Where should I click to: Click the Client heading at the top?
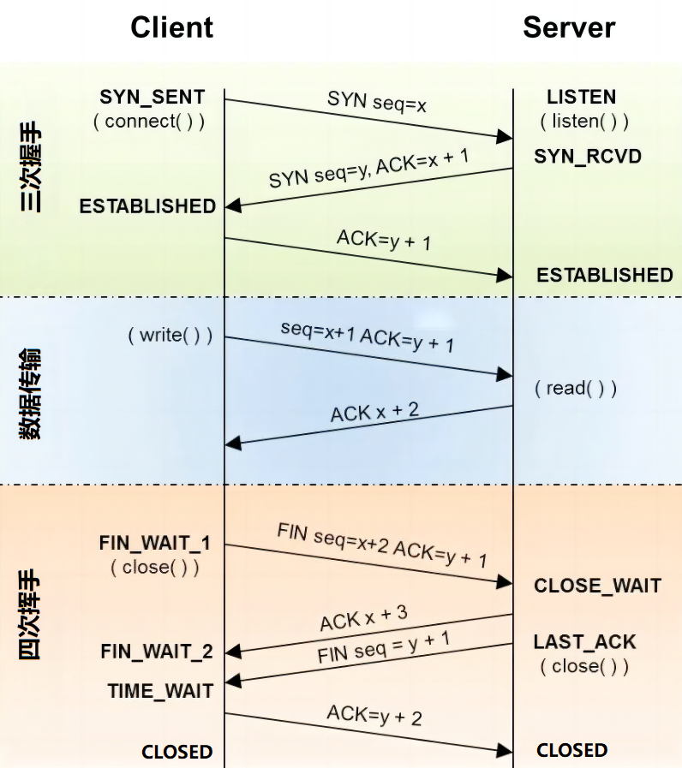pyautogui.click(x=171, y=28)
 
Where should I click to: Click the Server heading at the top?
pyautogui.click(x=569, y=28)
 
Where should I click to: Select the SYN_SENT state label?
pyautogui.click(x=153, y=96)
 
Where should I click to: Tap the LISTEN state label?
pyautogui.click(x=582, y=97)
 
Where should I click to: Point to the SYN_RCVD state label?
pyautogui.click(x=588, y=156)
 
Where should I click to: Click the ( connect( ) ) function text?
pyautogui.click(x=149, y=121)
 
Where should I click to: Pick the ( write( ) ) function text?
pyautogui.click(x=170, y=334)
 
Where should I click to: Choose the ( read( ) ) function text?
pyautogui.click(x=576, y=389)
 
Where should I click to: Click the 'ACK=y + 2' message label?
pyautogui.click(x=374, y=715)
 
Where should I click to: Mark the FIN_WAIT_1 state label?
pyautogui.click(x=155, y=543)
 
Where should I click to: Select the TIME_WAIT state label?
pyautogui.click(x=160, y=690)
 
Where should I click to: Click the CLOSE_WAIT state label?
pyautogui.click(x=597, y=586)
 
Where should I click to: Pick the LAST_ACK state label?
pyautogui.click(x=585, y=642)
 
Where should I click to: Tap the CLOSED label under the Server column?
pyautogui.click(x=572, y=750)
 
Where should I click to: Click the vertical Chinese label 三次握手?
pyautogui.click(x=33, y=171)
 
